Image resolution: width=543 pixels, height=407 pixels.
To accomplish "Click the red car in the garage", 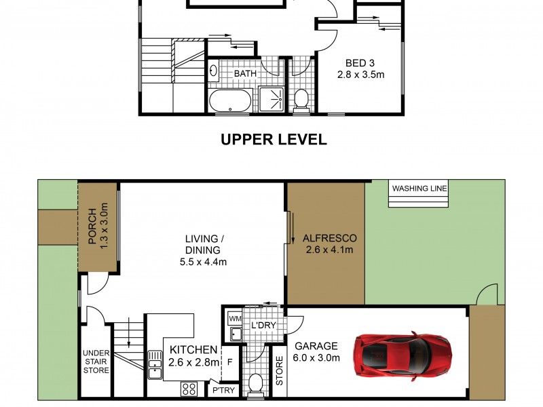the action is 402,357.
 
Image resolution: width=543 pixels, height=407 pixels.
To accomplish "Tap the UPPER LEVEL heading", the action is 274,140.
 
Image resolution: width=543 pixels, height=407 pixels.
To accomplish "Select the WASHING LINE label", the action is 419,189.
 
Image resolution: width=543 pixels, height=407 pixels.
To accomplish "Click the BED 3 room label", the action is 360,63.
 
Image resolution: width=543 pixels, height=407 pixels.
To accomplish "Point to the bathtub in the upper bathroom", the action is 230,100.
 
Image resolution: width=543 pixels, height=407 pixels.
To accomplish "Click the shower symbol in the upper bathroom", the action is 271,99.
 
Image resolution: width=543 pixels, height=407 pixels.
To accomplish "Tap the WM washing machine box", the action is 235,318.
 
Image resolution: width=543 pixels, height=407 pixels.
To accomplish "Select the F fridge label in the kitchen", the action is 229,363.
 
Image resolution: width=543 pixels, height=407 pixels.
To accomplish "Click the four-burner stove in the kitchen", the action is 189,389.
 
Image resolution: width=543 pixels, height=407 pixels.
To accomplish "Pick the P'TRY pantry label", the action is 223,391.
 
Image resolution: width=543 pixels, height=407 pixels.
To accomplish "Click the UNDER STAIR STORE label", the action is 96,362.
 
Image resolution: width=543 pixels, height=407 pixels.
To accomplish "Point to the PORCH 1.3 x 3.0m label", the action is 98,226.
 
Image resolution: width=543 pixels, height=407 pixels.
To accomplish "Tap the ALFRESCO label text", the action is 329,238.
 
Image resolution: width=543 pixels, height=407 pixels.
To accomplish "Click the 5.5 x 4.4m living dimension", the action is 203,262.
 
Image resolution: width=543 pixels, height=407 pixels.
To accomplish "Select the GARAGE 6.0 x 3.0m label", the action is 316,351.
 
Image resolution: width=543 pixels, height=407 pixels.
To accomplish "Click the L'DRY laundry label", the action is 263,326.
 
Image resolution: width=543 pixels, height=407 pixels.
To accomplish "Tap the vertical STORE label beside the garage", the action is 280,370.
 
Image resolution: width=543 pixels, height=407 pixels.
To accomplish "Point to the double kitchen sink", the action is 155,365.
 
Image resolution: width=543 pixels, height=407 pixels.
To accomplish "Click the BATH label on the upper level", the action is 245,73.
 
